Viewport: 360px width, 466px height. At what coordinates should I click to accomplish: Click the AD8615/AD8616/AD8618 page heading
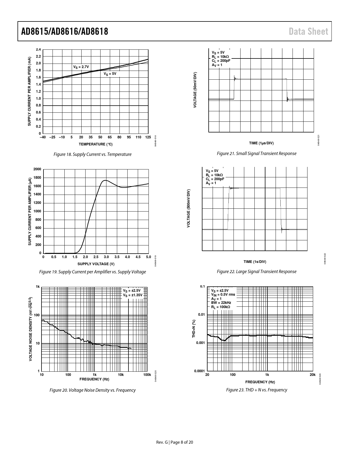coord(65,31)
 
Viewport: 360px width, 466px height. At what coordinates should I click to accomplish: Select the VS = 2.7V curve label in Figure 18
coord(81,67)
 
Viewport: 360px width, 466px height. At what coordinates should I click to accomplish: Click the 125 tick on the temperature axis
coord(148,137)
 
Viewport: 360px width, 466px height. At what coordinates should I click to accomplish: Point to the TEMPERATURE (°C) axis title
coord(95,144)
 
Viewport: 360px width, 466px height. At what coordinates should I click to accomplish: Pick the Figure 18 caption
coord(93,154)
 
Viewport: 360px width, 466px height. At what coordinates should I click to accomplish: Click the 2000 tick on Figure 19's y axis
coord(37,169)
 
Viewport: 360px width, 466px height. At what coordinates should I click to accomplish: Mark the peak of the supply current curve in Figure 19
coord(105,180)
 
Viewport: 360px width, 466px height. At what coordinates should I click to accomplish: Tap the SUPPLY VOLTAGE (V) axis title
coord(96,264)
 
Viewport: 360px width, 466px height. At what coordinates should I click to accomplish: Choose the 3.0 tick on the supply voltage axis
coord(106,257)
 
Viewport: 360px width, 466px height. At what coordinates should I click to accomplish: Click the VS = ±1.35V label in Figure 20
coord(133,295)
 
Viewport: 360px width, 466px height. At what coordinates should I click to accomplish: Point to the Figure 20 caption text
coord(93,390)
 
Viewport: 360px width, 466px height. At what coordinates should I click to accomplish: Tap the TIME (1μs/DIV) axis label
coord(261,143)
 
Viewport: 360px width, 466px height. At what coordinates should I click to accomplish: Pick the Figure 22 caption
coord(256,271)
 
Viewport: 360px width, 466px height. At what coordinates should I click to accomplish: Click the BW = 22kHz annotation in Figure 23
coord(221,303)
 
